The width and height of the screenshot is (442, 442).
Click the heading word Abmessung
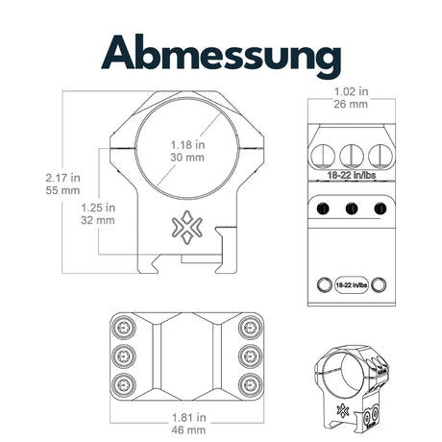(221, 55)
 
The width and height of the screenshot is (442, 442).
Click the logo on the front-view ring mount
(187, 227)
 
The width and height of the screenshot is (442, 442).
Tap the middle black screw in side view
(352, 209)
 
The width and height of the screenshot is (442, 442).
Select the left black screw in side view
(323, 209)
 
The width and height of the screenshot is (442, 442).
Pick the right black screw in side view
(381, 209)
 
